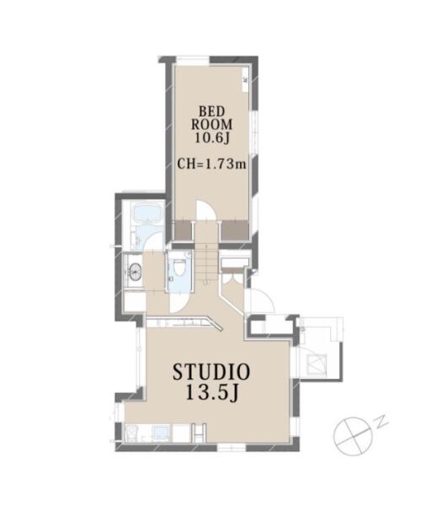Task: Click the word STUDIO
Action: coord(211,372)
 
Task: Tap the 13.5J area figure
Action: coord(212,392)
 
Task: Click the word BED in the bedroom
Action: coord(211,112)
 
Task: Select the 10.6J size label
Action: coord(211,138)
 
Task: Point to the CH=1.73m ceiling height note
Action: coord(211,164)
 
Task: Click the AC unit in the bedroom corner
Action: coord(246,78)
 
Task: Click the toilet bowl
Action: coord(179,267)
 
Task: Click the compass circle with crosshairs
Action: coord(353,436)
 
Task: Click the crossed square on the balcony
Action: coord(317,364)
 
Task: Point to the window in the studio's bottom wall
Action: coord(232,447)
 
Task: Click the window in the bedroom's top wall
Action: coord(194,61)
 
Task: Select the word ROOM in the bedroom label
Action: coord(211,125)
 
